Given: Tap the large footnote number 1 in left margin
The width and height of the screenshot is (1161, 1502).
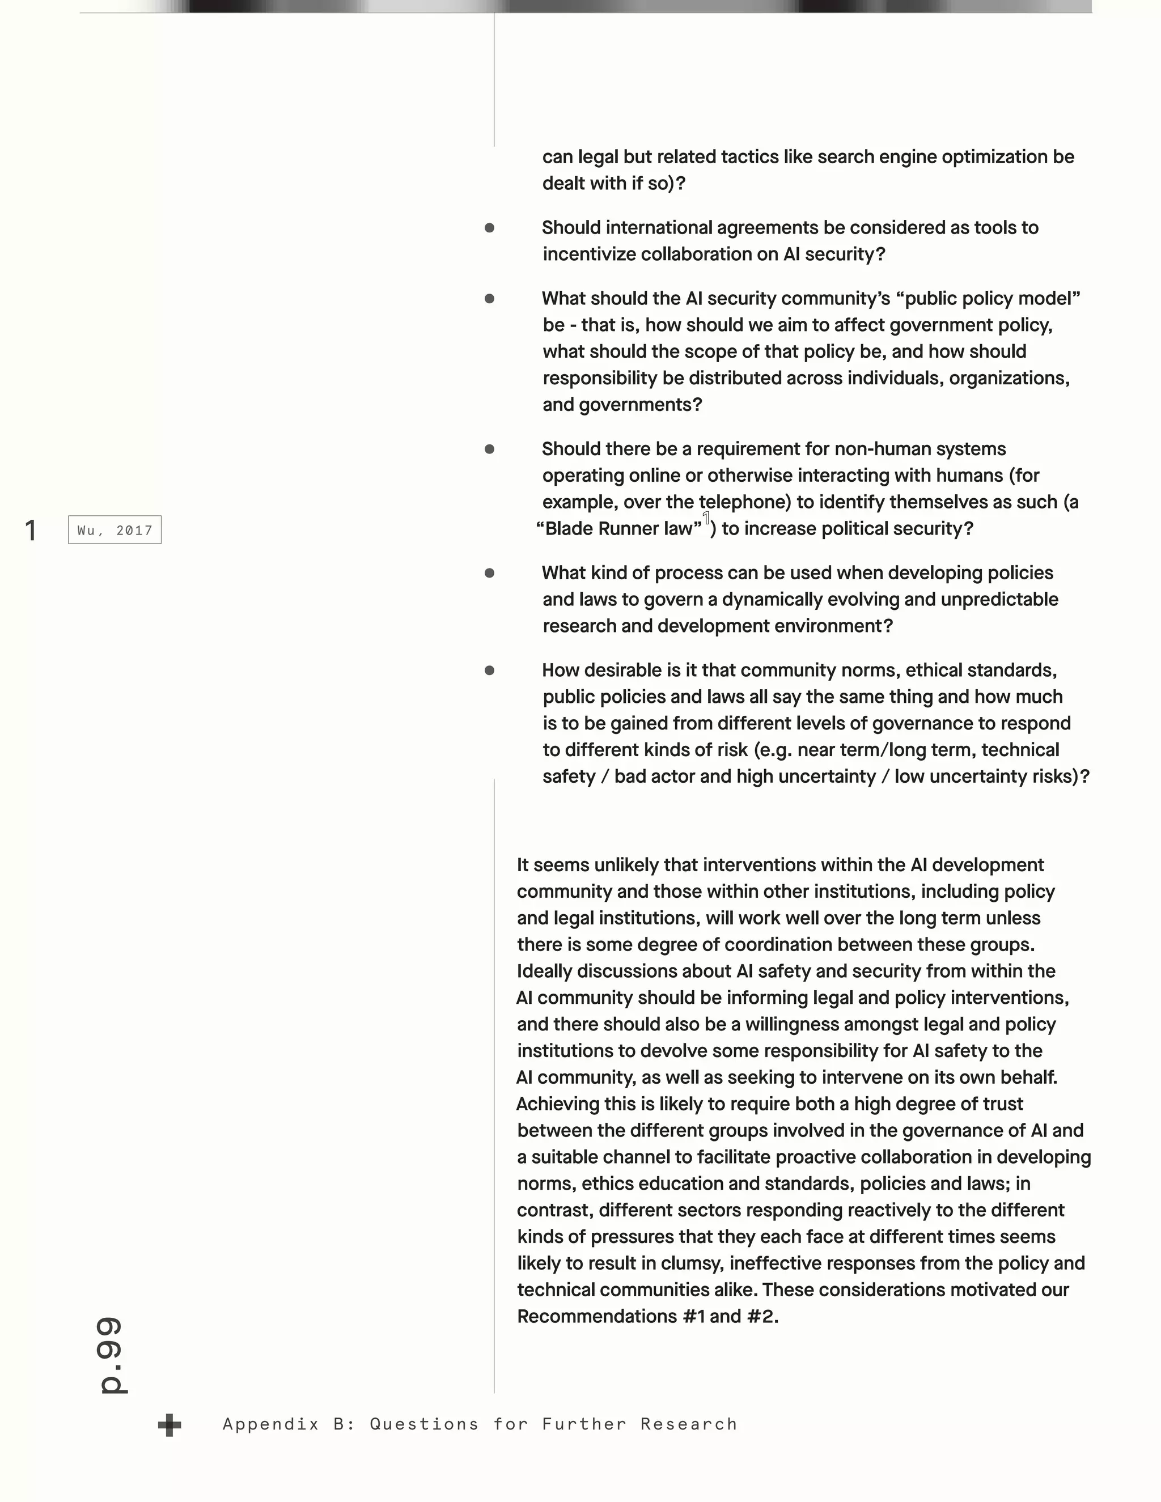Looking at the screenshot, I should [30, 531].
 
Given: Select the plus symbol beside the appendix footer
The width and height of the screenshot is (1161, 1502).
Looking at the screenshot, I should [169, 1425].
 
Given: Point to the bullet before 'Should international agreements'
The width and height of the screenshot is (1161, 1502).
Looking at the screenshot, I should [490, 228].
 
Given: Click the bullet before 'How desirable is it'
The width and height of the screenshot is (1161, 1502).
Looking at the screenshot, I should [490, 670].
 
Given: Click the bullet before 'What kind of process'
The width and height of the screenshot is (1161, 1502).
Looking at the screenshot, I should [490, 573].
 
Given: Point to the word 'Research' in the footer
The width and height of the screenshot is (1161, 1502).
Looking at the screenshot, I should [688, 1424].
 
